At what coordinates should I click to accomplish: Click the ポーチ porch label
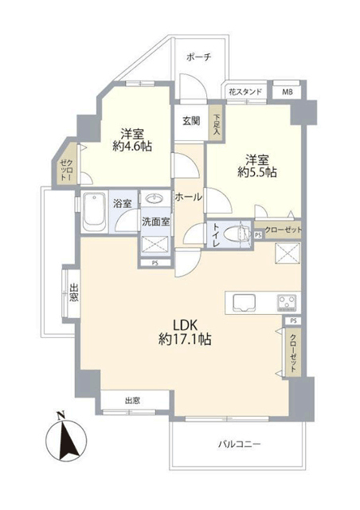point(199,57)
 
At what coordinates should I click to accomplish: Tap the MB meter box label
point(288,92)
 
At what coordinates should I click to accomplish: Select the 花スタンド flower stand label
point(245,92)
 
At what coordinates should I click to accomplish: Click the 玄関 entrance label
point(191,121)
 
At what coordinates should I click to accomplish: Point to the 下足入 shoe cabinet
point(216,124)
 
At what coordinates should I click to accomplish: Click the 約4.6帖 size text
point(132,147)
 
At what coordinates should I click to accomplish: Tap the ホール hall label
point(189,197)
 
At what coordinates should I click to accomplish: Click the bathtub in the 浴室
point(95,212)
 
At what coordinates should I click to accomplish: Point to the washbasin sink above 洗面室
point(155,198)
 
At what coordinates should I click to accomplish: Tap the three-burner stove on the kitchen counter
point(288,303)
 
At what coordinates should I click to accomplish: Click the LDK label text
point(185,324)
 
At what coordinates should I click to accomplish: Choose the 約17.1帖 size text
point(185,339)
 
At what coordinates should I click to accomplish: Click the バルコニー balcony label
point(240,444)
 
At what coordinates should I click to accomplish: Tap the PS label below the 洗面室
point(155,264)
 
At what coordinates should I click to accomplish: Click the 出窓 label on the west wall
point(75,292)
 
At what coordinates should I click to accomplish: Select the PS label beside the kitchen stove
point(293,321)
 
